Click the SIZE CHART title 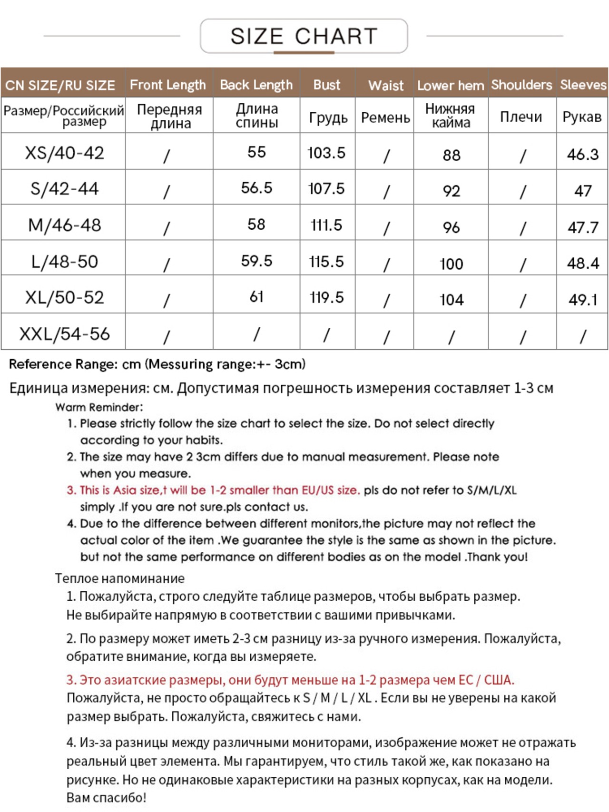(x=304, y=36)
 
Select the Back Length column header (x=256, y=85)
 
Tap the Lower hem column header (x=450, y=86)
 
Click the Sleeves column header (x=583, y=85)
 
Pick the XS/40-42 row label (x=64, y=153)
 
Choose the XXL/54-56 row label (x=64, y=334)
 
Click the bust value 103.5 (x=326, y=153)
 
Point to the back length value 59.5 (x=256, y=261)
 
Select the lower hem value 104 (x=451, y=300)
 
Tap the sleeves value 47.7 (x=583, y=227)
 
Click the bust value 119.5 (x=326, y=298)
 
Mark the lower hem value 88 (x=451, y=155)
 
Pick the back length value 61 (x=256, y=297)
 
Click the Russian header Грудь (x=328, y=117)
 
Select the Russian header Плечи (x=521, y=117)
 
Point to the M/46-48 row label (x=64, y=225)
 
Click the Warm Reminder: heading (x=99, y=407)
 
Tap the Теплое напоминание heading (x=119, y=578)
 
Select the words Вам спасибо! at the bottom (x=106, y=798)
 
